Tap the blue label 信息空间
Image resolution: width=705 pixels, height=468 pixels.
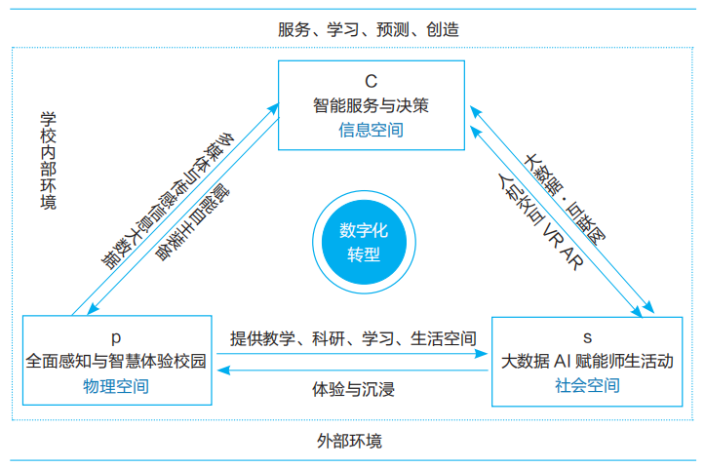[x=371, y=129]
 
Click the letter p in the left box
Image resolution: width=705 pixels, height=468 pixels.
[x=116, y=337]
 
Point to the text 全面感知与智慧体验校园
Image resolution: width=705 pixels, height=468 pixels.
[x=116, y=361]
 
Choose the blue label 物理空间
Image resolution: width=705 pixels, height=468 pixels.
[x=116, y=385]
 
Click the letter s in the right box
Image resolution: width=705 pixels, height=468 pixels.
[x=587, y=337]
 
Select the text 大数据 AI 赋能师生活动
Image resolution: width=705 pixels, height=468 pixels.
[x=587, y=361]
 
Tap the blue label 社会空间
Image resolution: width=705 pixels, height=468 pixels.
[x=587, y=385]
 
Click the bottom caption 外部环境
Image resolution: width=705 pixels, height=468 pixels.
[x=350, y=441]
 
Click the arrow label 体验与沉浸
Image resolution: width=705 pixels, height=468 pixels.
[x=353, y=389]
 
